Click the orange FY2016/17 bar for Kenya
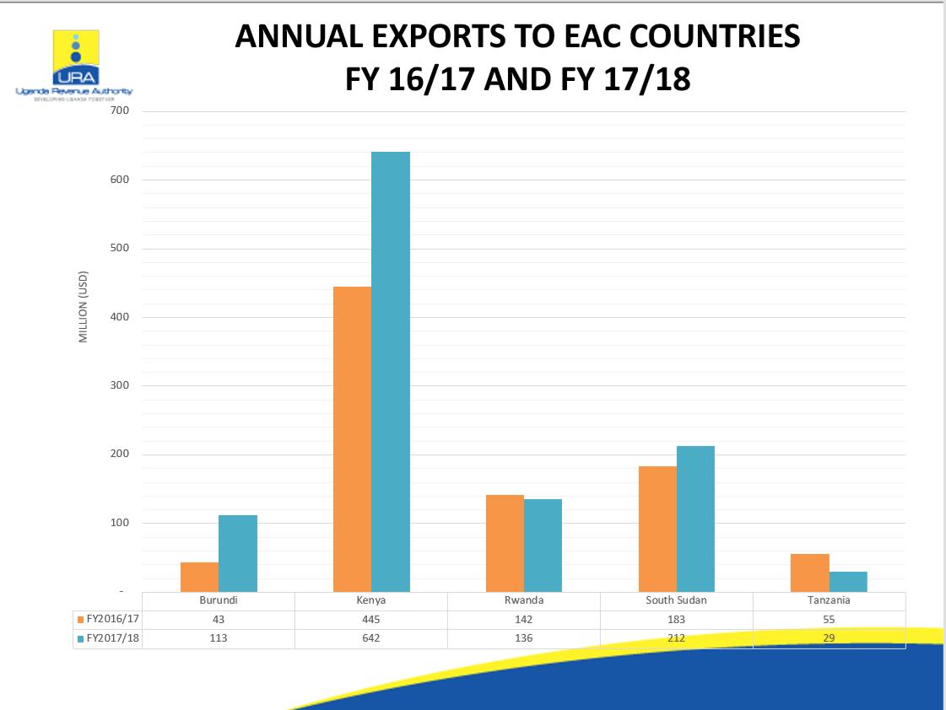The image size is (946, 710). pyautogui.click(x=352, y=438)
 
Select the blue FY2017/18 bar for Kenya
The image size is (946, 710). pyautogui.click(x=391, y=371)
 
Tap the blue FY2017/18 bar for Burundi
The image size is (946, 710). pyautogui.click(x=238, y=553)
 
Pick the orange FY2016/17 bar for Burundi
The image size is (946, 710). pyautogui.click(x=199, y=577)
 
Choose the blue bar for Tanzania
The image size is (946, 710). pyautogui.click(x=848, y=582)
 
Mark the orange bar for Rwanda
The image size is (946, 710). pyautogui.click(x=505, y=543)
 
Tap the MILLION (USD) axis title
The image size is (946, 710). pyautogui.click(x=84, y=307)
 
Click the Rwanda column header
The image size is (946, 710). pyautogui.click(x=524, y=601)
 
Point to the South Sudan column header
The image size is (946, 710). pyautogui.click(x=676, y=601)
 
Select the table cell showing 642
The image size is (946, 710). pyautogui.click(x=371, y=638)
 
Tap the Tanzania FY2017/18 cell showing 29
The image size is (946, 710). pyautogui.click(x=829, y=638)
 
